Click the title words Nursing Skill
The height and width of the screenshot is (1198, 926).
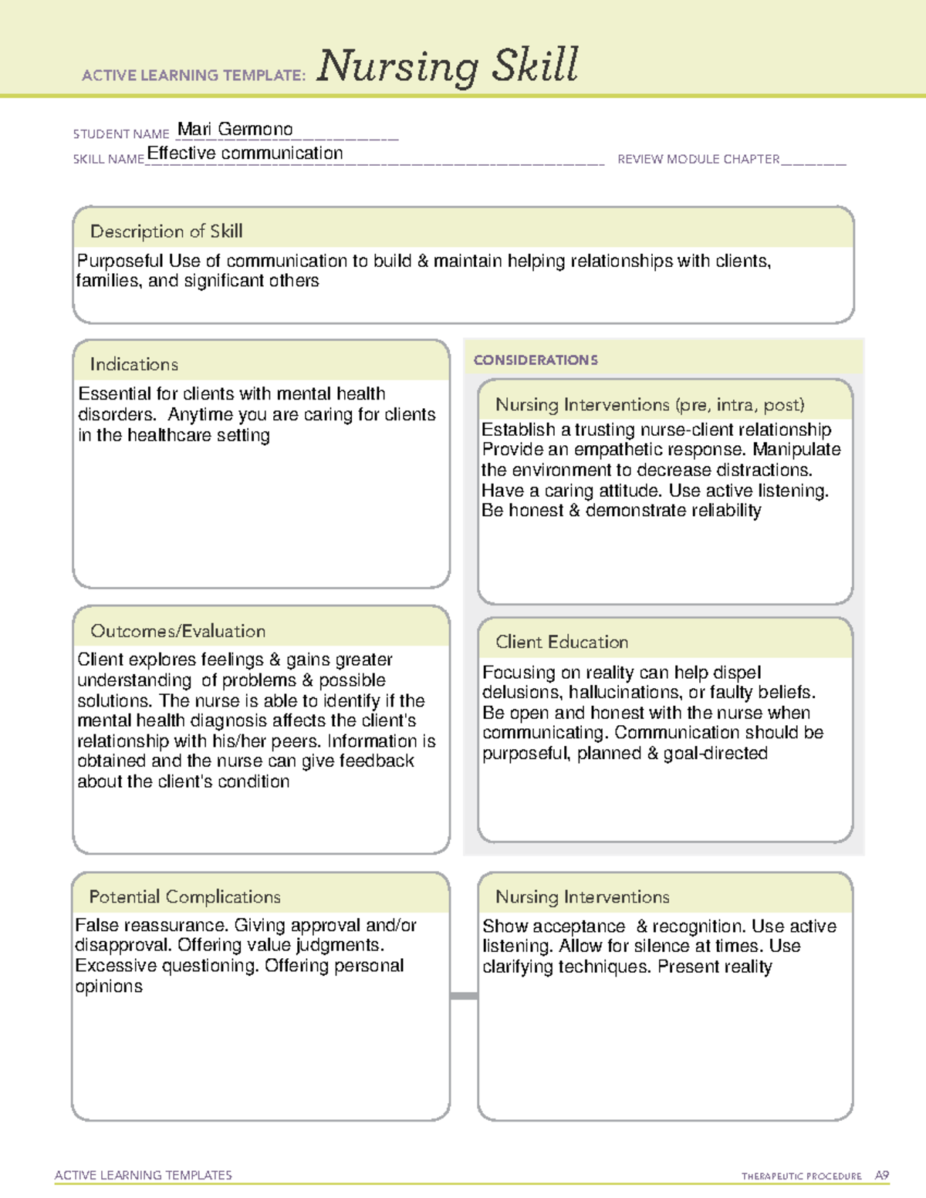pyautogui.click(x=447, y=66)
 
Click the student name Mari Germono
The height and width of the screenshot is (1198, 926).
pyautogui.click(x=235, y=130)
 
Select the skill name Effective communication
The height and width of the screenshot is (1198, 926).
pyautogui.click(x=245, y=154)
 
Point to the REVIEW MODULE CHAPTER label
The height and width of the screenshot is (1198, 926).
pyautogui.click(x=698, y=160)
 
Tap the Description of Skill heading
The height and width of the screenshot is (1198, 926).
pyautogui.click(x=166, y=231)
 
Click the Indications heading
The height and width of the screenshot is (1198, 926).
pyautogui.click(x=133, y=364)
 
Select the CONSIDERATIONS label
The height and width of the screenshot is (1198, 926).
pyautogui.click(x=536, y=360)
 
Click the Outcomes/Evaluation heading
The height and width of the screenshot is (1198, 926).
pyautogui.click(x=177, y=631)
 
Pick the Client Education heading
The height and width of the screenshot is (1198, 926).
pyautogui.click(x=562, y=642)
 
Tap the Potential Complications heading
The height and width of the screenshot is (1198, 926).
pyautogui.click(x=184, y=897)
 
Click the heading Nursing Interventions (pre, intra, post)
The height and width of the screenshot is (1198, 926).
pyautogui.click(x=650, y=405)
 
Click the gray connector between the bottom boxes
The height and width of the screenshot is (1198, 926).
pyautogui.click(x=464, y=996)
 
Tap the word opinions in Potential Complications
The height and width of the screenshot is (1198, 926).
pyautogui.click(x=109, y=987)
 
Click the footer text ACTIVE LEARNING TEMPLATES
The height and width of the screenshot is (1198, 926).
pyautogui.click(x=144, y=1175)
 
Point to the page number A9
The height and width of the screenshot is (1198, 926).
pyautogui.click(x=882, y=1176)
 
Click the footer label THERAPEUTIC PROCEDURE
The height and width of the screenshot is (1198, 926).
pyautogui.click(x=801, y=1176)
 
